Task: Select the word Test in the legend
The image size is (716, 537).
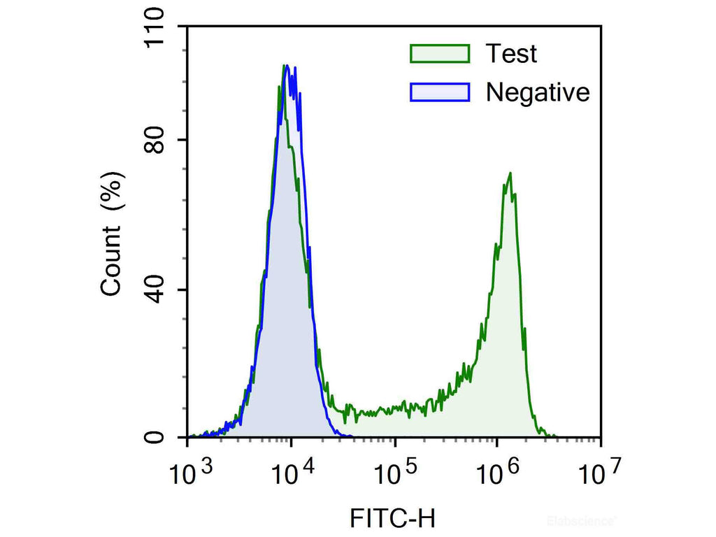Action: point(512,53)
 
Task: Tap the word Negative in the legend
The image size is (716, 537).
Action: point(538,92)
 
